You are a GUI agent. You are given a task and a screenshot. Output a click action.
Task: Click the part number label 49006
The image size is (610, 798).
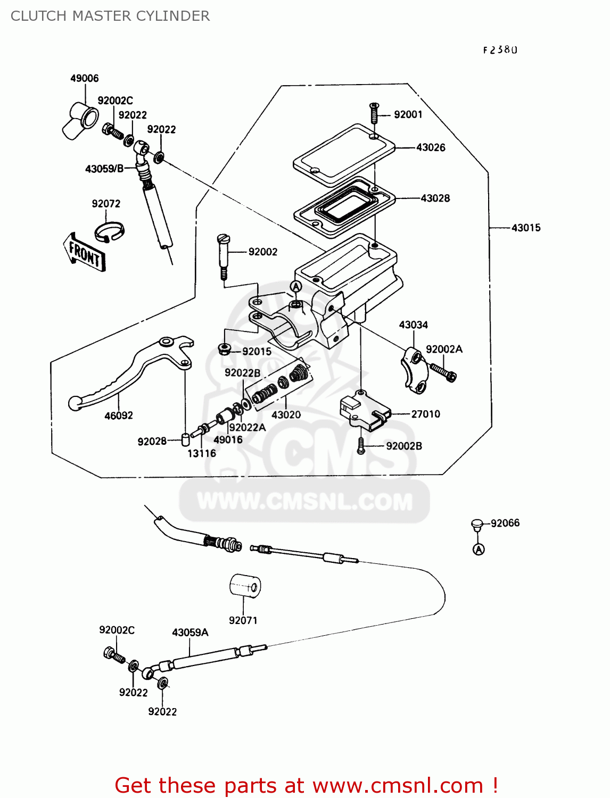point(84,78)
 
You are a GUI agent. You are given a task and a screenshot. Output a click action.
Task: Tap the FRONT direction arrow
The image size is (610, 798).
point(84,252)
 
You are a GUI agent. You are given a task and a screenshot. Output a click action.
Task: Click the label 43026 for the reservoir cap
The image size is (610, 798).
point(430,147)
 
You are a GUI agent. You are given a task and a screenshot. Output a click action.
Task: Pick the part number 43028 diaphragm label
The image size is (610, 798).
point(435,198)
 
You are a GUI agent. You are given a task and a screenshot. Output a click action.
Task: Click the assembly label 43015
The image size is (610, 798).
point(525,228)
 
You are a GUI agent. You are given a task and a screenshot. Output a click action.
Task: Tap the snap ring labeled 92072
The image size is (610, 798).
point(109,231)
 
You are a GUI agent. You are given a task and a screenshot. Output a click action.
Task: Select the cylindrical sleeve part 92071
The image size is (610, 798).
point(245,586)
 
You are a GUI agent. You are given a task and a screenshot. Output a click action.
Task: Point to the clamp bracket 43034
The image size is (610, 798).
point(414,370)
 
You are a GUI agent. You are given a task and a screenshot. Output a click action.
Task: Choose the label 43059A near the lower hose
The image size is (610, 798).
point(190,633)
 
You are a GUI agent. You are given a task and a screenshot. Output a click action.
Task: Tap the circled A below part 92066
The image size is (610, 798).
point(479,549)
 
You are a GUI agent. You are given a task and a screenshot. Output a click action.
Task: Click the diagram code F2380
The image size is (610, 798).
point(500,50)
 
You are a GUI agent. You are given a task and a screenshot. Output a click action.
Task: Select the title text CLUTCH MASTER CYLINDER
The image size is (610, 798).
point(110,16)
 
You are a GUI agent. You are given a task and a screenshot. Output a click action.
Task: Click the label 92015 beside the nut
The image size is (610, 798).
point(257,351)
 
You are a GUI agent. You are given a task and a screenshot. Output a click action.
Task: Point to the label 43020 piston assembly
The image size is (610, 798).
point(286,414)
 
